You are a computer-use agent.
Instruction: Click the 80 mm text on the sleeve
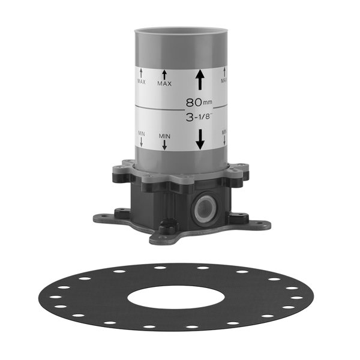pos(199,102)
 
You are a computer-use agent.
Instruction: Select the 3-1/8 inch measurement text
pos(199,118)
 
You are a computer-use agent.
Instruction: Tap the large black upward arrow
pos(200,80)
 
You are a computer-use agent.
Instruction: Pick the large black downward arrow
pos(200,139)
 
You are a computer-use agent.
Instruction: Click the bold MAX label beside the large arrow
pos(164,84)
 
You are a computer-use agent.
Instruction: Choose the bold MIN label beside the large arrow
pos(164,136)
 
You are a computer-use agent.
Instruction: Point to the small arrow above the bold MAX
pos(164,75)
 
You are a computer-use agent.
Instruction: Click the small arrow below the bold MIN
pos(164,145)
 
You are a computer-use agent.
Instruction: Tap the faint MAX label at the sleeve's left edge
pos(142,81)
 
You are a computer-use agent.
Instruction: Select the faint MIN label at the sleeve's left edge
pos(142,133)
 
